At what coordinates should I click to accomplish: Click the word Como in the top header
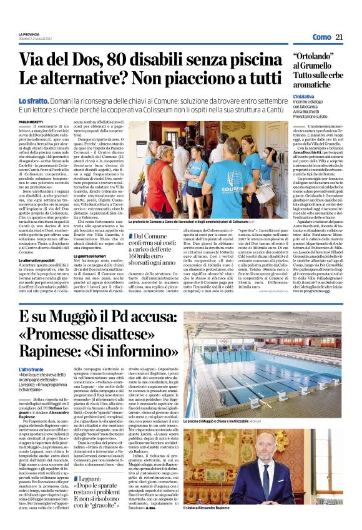click(322, 37)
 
